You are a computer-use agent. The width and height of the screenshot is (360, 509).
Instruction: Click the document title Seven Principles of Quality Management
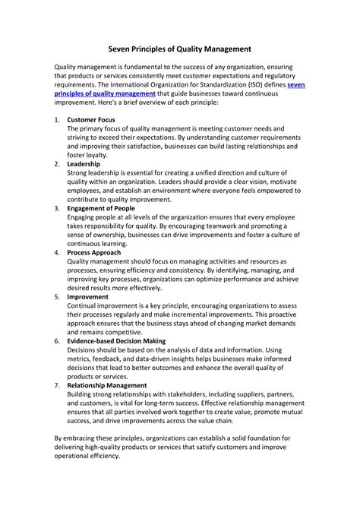pyautogui.click(x=179, y=48)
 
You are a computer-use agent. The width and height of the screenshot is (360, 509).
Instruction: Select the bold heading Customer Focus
pyautogui.click(x=93, y=120)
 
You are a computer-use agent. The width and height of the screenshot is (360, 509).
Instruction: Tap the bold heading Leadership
pyautogui.click(x=84, y=163)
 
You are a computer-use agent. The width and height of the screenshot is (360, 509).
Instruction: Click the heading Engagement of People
pyautogui.click(x=101, y=207)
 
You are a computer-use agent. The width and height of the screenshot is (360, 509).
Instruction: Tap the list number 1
pyautogui.click(x=57, y=120)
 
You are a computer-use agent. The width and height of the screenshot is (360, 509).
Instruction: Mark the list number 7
pyautogui.click(x=57, y=385)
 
